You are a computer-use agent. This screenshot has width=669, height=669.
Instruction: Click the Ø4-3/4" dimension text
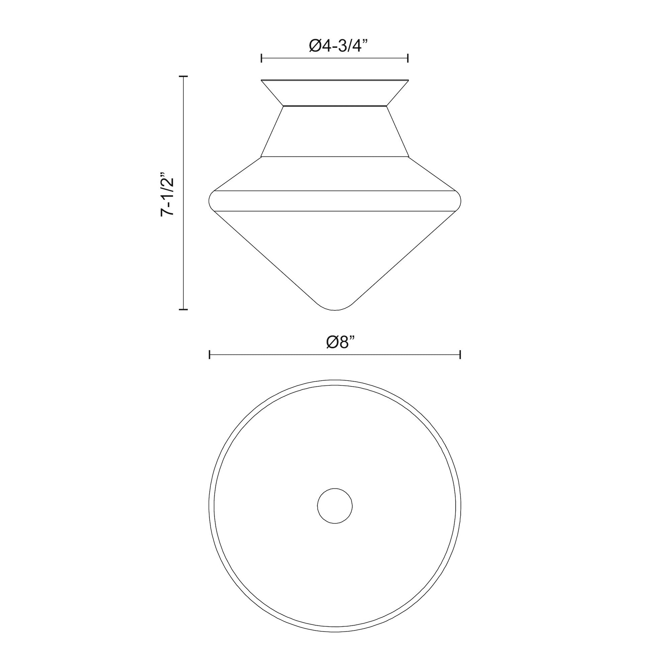[335, 46]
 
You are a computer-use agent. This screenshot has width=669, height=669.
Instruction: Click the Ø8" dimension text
[341, 342]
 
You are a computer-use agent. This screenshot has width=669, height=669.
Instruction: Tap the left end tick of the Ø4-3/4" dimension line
[261, 58]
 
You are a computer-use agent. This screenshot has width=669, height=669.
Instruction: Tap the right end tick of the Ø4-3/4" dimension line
[408, 58]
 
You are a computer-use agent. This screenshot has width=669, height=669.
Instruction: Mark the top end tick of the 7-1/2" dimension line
[183, 76]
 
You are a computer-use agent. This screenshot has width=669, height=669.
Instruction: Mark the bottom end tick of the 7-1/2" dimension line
[183, 309]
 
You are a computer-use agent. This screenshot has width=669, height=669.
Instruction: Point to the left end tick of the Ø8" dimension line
[209, 354]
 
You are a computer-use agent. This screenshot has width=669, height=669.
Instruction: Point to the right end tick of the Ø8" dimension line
[460, 354]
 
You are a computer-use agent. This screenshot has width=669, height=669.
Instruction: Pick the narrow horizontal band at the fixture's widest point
[335, 201]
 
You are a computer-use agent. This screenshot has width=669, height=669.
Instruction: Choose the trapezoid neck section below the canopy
[335, 132]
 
